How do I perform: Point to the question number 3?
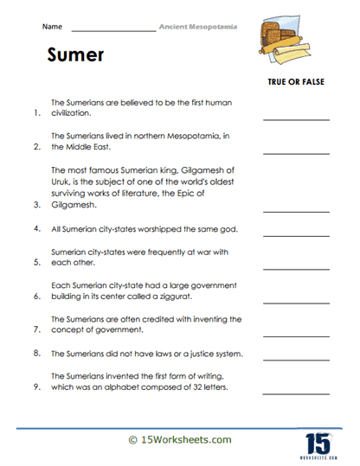coord(35,205)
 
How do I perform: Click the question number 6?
coord(35,296)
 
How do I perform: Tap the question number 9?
coord(35,386)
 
